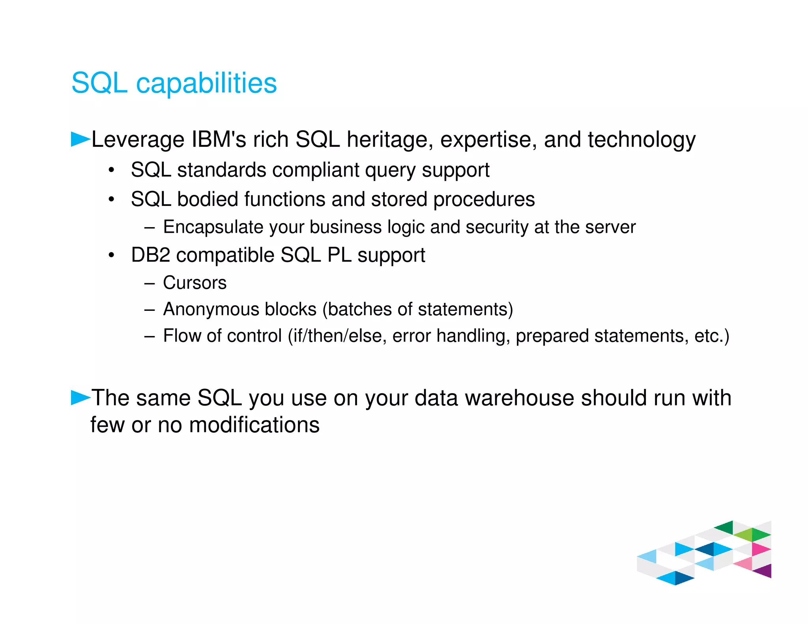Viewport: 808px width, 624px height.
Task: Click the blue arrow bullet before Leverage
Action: click(80, 139)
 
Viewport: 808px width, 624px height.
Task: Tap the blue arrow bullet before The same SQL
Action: click(80, 397)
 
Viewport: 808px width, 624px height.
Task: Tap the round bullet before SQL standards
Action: click(112, 170)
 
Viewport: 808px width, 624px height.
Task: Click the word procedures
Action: click(484, 199)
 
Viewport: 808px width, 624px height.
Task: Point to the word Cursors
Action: click(195, 283)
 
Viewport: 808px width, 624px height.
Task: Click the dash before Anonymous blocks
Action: click(150, 310)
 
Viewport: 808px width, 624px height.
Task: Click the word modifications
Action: click(254, 425)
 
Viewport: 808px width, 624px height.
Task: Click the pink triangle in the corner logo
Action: click(761, 549)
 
